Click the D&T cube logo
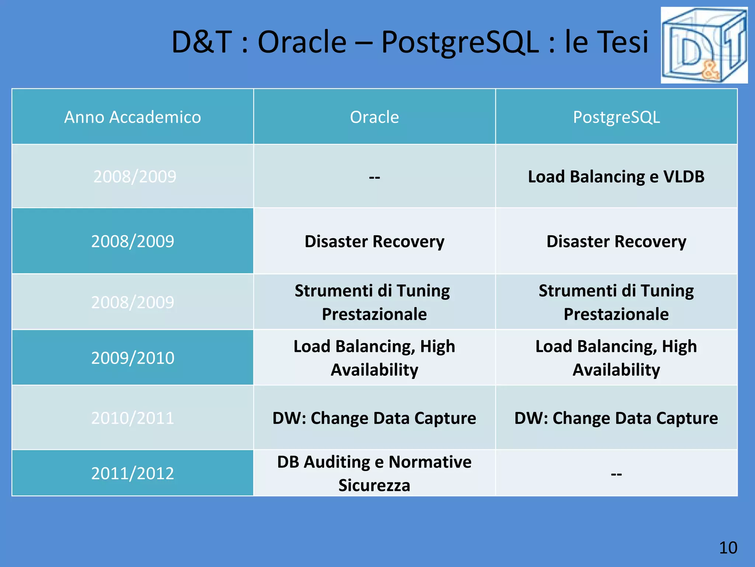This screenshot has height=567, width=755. pos(704,45)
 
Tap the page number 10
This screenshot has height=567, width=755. pos(728,547)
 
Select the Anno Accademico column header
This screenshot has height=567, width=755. pos(133,117)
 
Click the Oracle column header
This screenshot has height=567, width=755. pos(374,117)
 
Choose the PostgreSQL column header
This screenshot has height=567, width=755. pos(616,117)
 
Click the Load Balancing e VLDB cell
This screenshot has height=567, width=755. pos(616,176)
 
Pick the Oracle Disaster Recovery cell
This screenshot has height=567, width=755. pos(374,241)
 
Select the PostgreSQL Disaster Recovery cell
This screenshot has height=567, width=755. pos(616,241)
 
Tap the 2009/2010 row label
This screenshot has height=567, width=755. pos(133,358)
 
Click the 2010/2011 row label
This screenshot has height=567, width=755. pos(133,418)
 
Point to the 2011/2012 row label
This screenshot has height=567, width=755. pos(133,473)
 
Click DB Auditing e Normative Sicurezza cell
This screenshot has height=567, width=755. pos(374,473)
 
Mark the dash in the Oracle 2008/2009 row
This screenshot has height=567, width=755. pos(374,177)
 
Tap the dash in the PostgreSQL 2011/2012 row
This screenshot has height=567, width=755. pos(616,474)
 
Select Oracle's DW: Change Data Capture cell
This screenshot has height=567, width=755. pos(374,418)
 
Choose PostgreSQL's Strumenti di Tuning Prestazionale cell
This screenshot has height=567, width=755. pos(616,302)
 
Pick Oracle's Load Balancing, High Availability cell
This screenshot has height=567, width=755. pos(374,358)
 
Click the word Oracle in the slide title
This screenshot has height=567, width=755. pos(302,42)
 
